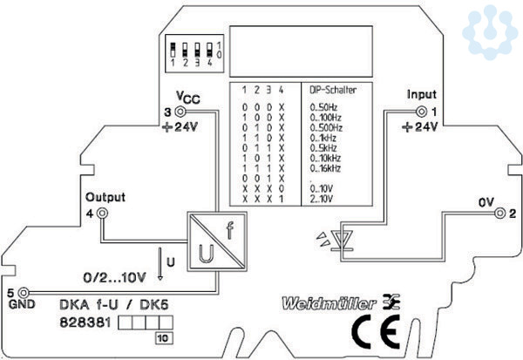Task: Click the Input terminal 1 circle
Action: click(x=424, y=112)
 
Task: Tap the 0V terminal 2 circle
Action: click(x=498, y=212)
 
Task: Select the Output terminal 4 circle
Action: click(x=102, y=213)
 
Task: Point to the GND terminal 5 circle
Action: click(x=24, y=292)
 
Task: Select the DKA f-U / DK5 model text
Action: click(x=112, y=304)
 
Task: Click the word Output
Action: click(x=102, y=197)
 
